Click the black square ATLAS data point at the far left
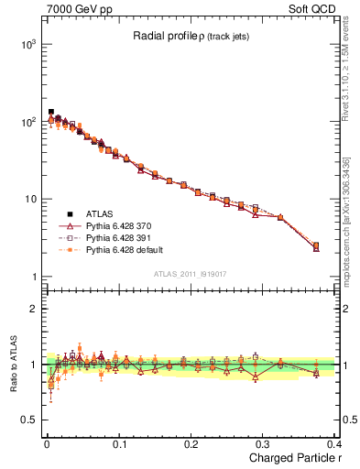click(x=50, y=112)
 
